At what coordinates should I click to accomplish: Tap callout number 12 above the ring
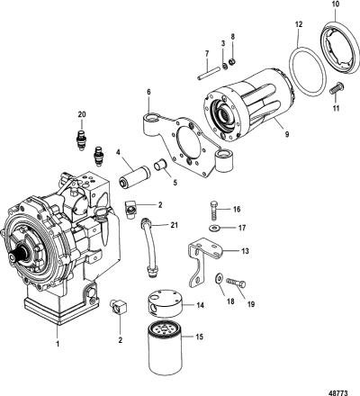[x=299, y=24]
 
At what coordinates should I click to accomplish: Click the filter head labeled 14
[x=166, y=303]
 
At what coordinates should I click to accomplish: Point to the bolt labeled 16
[x=212, y=211]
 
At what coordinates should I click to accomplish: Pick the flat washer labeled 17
[x=214, y=229]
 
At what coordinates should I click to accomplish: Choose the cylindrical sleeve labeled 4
[x=131, y=177]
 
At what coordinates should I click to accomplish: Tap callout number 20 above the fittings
[x=82, y=114]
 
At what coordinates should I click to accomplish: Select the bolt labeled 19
[x=237, y=283]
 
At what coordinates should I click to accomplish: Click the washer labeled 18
[x=219, y=278]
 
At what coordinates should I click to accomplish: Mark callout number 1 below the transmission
[x=58, y=343]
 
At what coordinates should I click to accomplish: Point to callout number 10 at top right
[x=336, y=4]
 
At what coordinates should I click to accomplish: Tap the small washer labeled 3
[x=223, y=65]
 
